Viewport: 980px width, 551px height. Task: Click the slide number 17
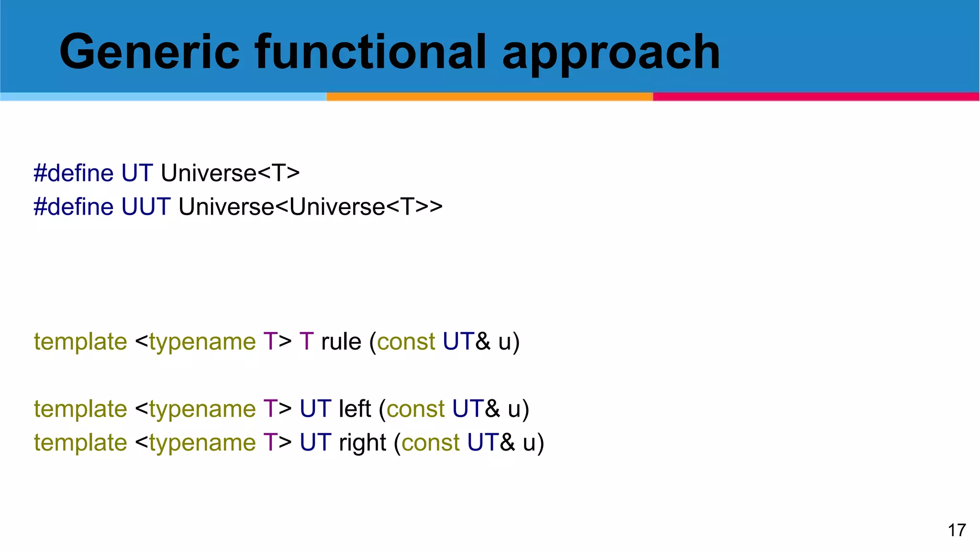[x=957, y=530]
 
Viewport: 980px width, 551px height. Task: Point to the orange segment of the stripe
[x=490, y=97]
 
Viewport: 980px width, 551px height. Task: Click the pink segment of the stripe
[x=816, y=97]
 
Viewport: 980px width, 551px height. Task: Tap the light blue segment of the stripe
[x=163, y=97]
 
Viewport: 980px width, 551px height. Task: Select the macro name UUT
[x=146, y=207]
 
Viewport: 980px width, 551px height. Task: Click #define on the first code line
[x=73, y=173]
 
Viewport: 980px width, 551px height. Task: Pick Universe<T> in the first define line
[x=230, y=173]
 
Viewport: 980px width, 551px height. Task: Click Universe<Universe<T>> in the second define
[x=311, y=207]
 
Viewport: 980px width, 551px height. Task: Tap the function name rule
[x=341, y=342]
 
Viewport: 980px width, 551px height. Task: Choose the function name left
[x=355, y=409]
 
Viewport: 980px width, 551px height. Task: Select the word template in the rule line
[x=80, y=342]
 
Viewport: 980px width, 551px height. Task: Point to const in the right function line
[x=431, y=442]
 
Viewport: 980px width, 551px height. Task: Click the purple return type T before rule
[x=306, y=342]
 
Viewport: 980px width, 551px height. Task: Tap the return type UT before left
[x=315, y=409]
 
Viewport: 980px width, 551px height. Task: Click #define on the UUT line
[x=73, y=207]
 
